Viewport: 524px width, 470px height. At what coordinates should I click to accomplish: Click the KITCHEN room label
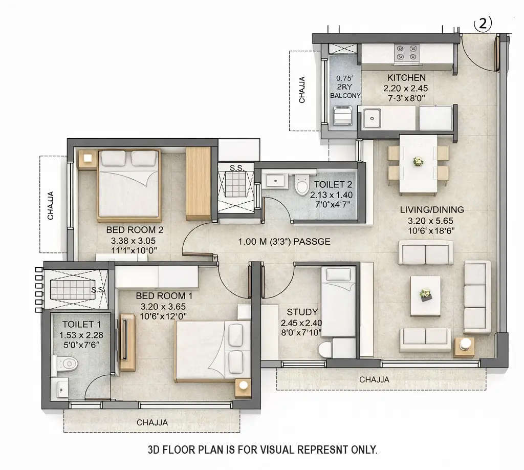[x=406, y=78]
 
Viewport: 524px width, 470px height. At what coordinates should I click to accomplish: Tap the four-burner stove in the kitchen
[x=407, y=52]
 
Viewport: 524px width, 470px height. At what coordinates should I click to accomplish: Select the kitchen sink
[x=371, y=118]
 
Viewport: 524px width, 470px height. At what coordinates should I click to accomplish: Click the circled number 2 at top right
[x=483, y=24]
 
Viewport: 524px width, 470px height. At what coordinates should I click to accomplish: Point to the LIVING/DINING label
[x=432, y=209]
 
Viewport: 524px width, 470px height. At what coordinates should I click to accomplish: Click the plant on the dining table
[x=418, y=161]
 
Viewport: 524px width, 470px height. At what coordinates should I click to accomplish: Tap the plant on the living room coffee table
[x=425, y=294]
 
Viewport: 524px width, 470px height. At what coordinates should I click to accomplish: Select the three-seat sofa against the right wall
[x=476, y=297]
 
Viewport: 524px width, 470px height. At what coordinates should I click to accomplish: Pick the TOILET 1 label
[x=77, y=324]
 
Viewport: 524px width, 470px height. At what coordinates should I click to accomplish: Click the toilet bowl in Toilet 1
[x=67, y=364]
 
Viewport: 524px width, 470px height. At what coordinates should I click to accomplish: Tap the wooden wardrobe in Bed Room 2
[x=198, y=183]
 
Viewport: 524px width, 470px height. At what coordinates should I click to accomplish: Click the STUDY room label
[x=302, y=312]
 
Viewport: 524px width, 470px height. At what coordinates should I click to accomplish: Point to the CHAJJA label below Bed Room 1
[x=152, y=422]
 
